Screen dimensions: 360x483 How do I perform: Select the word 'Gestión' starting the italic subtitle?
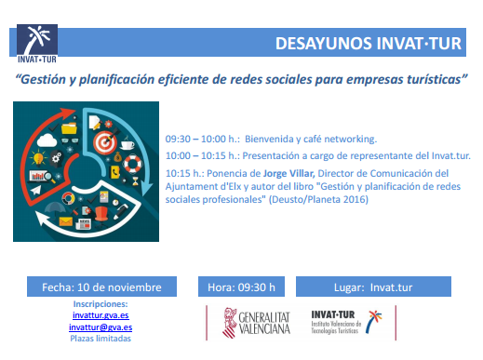coord(46,80)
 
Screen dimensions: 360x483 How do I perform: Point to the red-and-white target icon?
coord(103,144)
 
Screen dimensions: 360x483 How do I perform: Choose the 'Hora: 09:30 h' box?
coord(242,287)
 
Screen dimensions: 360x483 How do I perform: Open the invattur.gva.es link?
coord(101,315)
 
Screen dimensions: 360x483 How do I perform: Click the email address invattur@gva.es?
coord(101,327)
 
